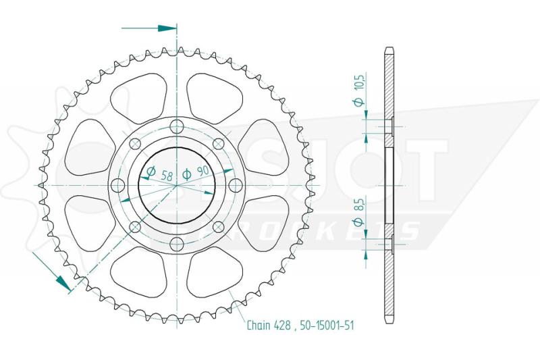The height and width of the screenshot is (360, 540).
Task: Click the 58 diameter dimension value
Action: coord(167,176)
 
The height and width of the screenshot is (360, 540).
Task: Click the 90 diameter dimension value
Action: coord(203,170)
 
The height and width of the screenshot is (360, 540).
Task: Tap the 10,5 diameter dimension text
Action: coord(360,82)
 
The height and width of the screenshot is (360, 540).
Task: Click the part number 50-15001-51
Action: coord(327,326)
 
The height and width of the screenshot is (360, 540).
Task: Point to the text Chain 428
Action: coord(269,326)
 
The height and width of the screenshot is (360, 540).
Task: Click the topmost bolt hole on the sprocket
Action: coord(177,126)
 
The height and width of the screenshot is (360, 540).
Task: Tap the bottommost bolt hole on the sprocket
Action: coord(177,243)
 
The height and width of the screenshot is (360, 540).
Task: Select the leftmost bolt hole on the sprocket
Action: coord(119,185)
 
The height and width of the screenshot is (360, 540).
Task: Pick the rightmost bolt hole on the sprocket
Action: coord(235,185)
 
